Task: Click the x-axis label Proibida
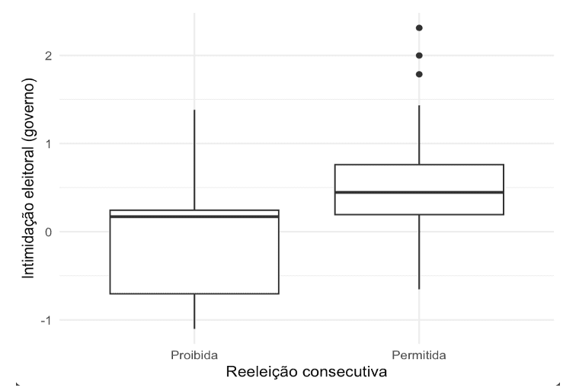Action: click(x=194, y=355)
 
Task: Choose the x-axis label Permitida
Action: click(x=418, y=355)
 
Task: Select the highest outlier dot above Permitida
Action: click(x=419, y=28)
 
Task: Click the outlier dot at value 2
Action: click(x=419, y=55)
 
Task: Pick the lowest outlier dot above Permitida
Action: click(x=419, y=74)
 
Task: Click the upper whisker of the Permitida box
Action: click(x=419, y=134)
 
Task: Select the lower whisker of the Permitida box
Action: click(x=419, y=252)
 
